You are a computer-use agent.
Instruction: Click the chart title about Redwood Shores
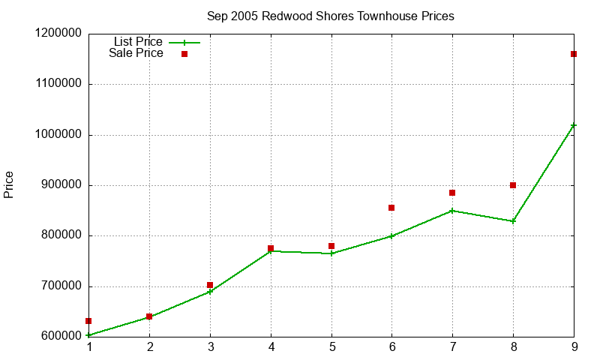[x=330, y=16]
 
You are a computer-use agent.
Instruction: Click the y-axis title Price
[x=9, y=184]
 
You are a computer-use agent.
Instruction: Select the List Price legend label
[x=138, y=42]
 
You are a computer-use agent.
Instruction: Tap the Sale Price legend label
[x=136, y=53]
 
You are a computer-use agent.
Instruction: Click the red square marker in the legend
[x=184, y=54]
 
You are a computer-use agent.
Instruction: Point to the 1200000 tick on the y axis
[x=58, y=34]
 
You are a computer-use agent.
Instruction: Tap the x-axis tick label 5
[x=331, y=347]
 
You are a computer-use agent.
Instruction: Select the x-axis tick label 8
[x=513, y=347]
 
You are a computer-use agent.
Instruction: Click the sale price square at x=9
[x=574, y=54]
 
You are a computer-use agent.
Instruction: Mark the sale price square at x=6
[x=391, y=208]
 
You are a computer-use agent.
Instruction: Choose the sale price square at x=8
[x=513, y=185]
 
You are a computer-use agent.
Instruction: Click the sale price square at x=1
[x=88, y=321]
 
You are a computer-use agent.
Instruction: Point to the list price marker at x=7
[x=452, y=211]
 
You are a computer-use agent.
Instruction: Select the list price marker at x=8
[x=513, y=221]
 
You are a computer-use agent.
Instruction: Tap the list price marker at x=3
[x=210, y=292]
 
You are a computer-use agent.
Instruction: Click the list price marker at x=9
[x=574, y=125]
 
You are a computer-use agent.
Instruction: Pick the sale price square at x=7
[x=452, y=193]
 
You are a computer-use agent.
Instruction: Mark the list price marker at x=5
[x=331, y=253]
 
